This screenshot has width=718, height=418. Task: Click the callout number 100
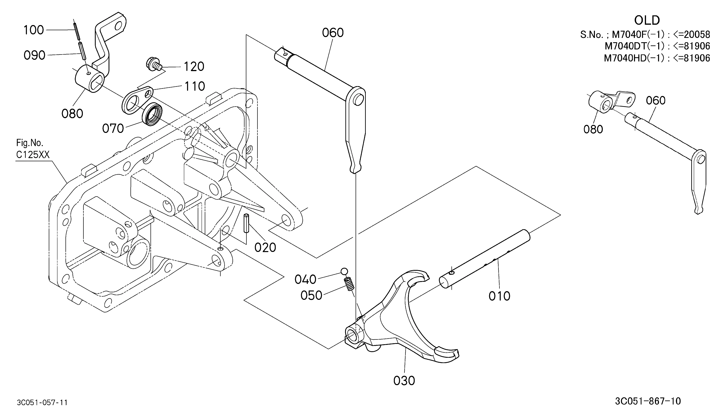click(34, 30)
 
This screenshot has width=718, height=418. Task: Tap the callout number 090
click(34, 55)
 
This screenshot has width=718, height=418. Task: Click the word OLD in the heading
click(647, 21)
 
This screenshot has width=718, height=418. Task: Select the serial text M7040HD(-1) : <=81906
click(657, 58)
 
